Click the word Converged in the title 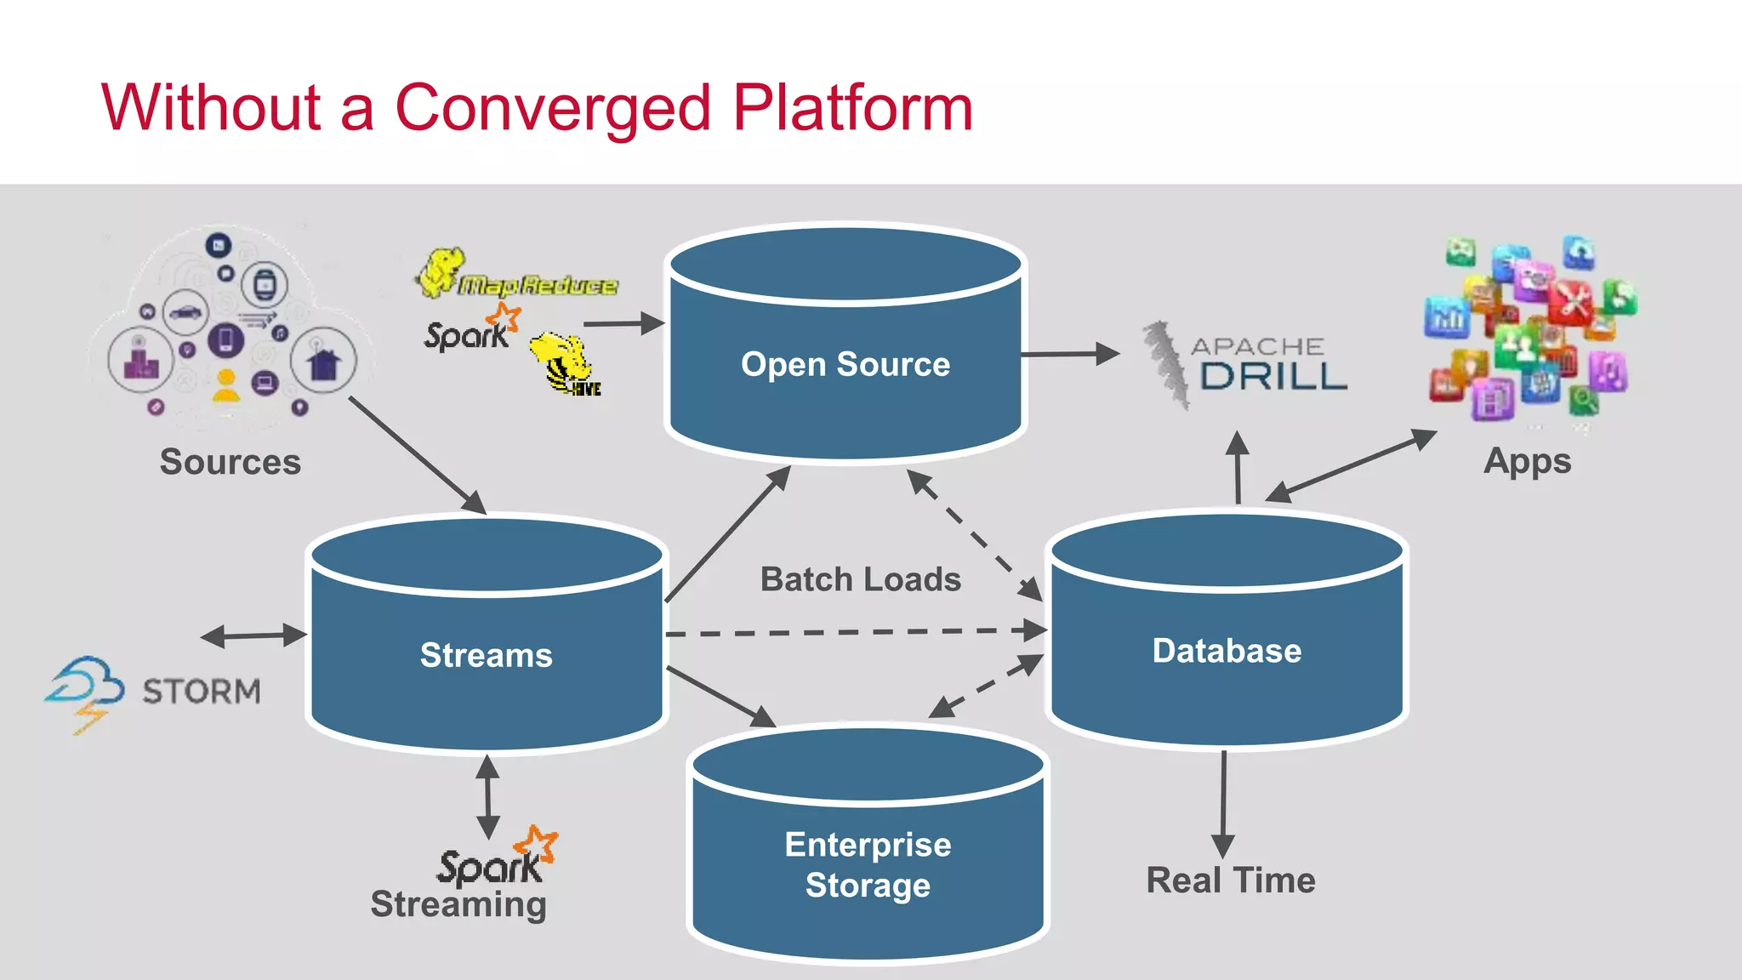(x=552, y=108)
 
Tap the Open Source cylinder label (x=845, y=364)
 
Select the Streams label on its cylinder (x=486, y=655)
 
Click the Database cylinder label (x=1227, y=651)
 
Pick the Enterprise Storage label (x=868, y=864)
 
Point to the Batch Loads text (x=860, y=579)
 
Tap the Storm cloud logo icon (x=85, y=690)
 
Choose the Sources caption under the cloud (x=230, y=462)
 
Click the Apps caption (x=1527, y=461)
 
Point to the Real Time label (x=1230, y=880)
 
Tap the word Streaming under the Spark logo (x=458, y=904)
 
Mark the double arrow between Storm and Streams (x=253, y=635)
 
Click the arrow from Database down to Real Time (x=1223, y=804)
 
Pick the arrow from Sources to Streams (x=417, y=455)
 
